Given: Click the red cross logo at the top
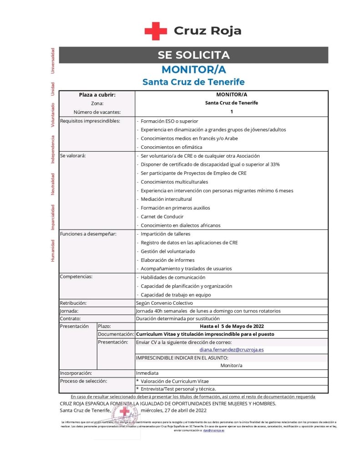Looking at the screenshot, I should [x=156, y=31].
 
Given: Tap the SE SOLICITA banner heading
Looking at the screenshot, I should [x=193, y=55].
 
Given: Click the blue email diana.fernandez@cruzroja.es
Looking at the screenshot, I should [x=232, y=350].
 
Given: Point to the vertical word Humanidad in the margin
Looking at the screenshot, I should [x=53, y=251].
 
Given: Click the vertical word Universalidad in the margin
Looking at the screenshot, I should [x=53, y=60].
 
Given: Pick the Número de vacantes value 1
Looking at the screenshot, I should [x=232, y=112].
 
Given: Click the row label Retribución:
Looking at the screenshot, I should [x=73, y=303].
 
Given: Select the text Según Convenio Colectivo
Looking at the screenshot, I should [x=164, y=303].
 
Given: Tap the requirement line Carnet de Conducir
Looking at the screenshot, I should [x=162, y=216].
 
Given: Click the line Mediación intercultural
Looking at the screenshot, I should [x=166, y=199].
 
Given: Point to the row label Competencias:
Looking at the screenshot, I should [x=76, y=277].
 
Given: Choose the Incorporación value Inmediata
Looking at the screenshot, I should [x=147, y=373].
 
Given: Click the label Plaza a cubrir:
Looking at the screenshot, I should [x=97, y=95].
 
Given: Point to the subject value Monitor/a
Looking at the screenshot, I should [x=232, y=365].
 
